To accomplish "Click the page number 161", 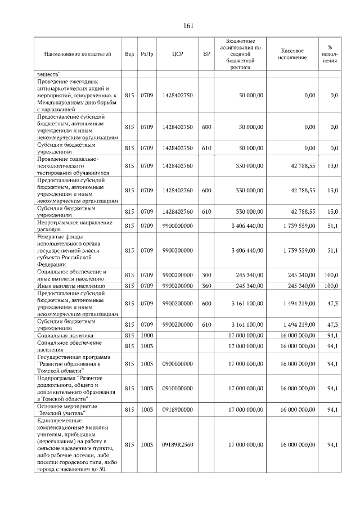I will click(x=188, y=26).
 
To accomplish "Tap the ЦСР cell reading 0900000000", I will click(x=178, y=364).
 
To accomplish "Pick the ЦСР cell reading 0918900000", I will click(x=178, y=409).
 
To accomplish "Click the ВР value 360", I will click(x=206, y=286).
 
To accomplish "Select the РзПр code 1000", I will click(x=147, y=335).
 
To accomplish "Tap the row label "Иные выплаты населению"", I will click(x=68, y=286).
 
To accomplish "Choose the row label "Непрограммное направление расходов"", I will click(x=74, y=226).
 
